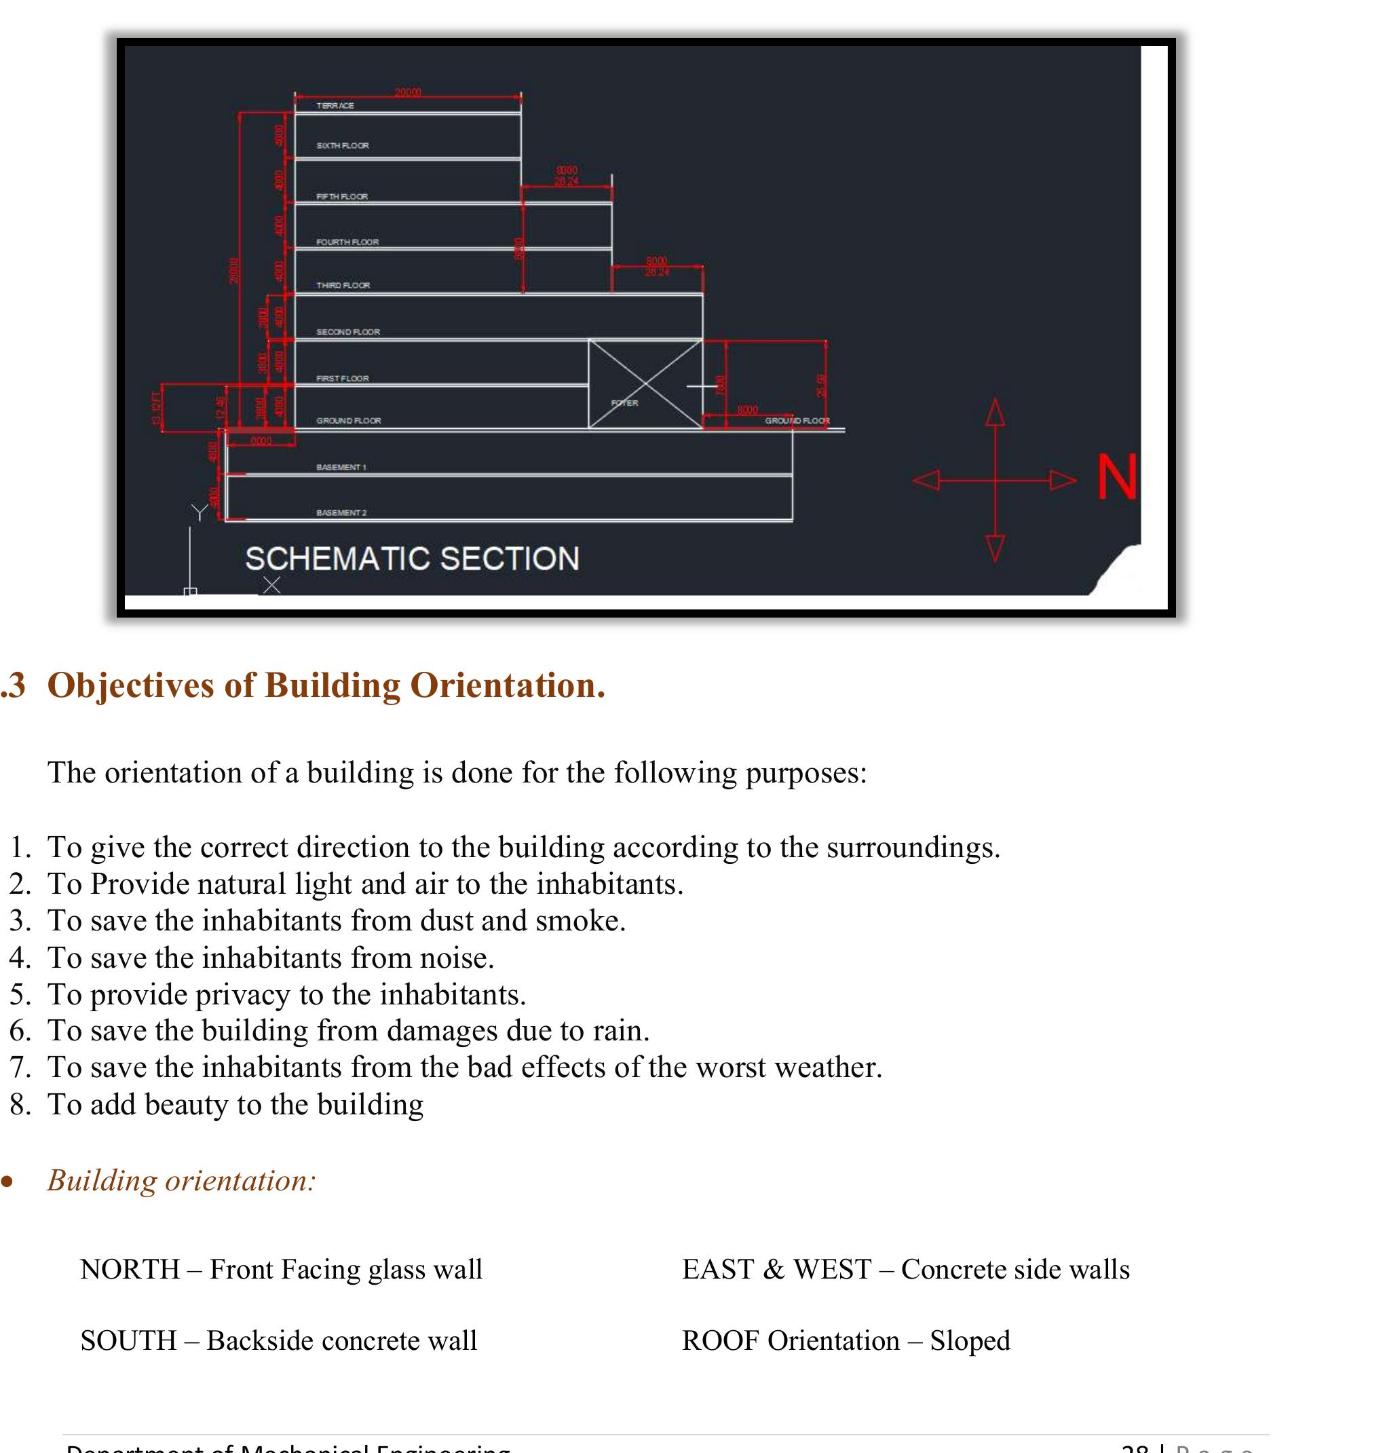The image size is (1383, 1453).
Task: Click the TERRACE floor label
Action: click(x=335, y=105)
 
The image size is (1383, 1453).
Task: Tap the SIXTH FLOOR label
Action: click(x=343, y=145)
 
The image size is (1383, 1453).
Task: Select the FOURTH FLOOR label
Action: click(x=347, y=242)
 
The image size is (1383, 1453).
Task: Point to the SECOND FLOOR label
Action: click(x=348, y=332)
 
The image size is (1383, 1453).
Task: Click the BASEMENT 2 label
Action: click(x=341, y=512)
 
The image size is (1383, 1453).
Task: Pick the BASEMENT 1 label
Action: click(x=341, y=468)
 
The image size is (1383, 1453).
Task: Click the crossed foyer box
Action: click(x=645, y=383)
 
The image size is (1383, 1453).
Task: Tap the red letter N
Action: click(x=1117, y=477)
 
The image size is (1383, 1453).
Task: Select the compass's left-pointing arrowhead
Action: click(x=926, y=480)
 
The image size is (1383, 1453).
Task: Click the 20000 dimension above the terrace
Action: click(x=408, y=92)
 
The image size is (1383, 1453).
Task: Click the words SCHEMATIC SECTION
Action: click(x=412, y=559)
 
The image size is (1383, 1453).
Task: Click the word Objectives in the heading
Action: click(x=130, y=685)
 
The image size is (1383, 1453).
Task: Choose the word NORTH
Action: click(x=130, y=1270)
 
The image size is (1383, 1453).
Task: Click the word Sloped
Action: click(x=970, y=1341)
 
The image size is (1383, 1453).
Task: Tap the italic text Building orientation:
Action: click(x=181, y=1181)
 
